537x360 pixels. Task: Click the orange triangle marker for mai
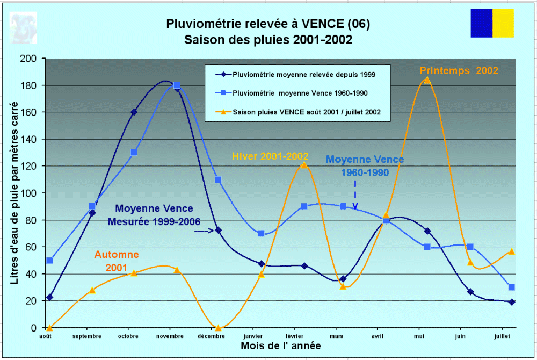coord(427,80)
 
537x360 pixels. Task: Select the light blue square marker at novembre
coord(177,85)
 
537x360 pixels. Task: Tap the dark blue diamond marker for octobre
coord(134,112)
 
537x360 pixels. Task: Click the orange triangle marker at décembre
coord(218,327)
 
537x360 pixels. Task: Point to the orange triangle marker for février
coord(304,164)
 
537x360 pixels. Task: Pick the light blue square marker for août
coord(49,260)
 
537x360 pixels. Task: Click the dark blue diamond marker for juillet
coord(512,302)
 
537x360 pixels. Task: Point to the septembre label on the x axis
coord(86,336)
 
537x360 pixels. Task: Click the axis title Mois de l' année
coord(281,346)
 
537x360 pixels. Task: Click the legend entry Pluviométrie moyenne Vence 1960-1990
coord(300,93)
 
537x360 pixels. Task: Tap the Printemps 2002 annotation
coord(459,70)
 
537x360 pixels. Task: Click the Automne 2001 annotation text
coord(117,261)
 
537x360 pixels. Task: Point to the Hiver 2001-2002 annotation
coord(270,156)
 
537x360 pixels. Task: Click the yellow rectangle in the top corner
coord(503,23)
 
